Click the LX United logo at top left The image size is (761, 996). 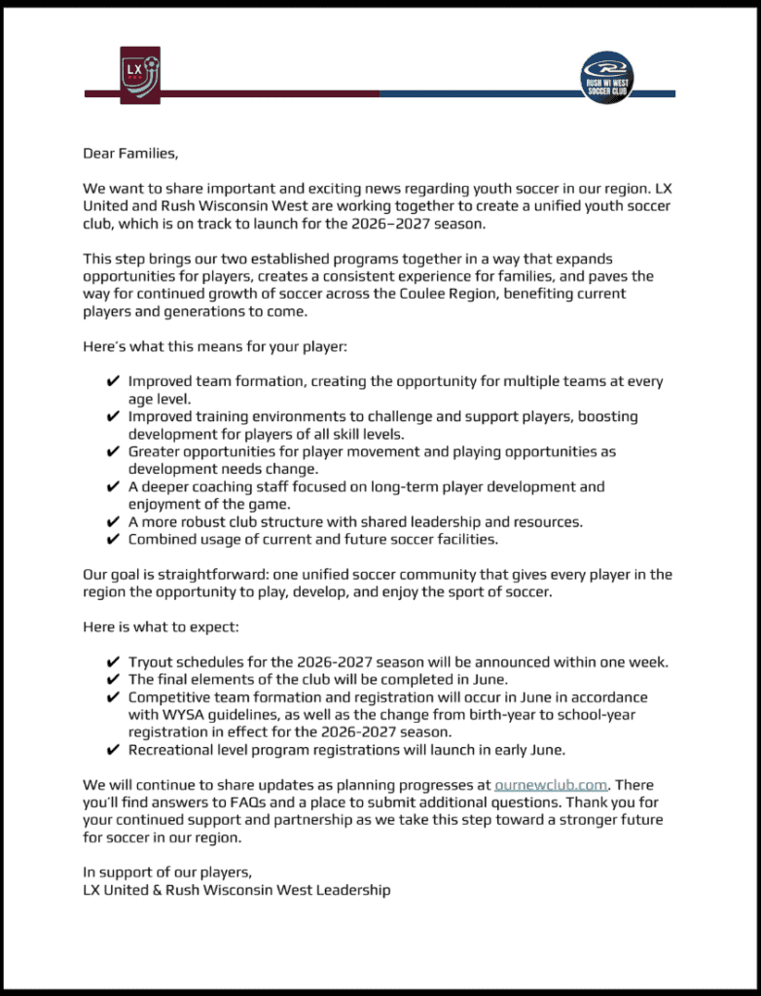139,75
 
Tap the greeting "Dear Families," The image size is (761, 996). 130,154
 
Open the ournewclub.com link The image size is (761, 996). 551,784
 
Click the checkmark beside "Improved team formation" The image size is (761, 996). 114,382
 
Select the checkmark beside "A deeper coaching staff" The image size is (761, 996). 114,486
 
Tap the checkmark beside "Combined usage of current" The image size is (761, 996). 114,539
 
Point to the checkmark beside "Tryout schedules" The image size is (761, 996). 114,662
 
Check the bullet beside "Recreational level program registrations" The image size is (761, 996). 114,749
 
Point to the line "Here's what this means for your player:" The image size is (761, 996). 209,347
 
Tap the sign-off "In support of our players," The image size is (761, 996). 167,871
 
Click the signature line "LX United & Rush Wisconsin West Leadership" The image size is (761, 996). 236,889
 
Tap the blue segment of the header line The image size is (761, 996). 477,94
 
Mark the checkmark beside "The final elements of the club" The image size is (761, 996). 114,680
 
